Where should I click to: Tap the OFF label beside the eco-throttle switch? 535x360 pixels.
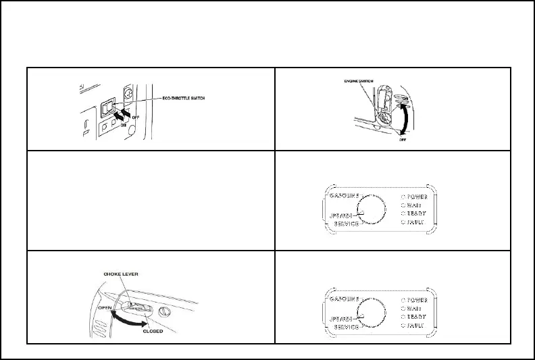click(x=136, y=116)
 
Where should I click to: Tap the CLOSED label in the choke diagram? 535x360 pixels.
click(x=154, y=332)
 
